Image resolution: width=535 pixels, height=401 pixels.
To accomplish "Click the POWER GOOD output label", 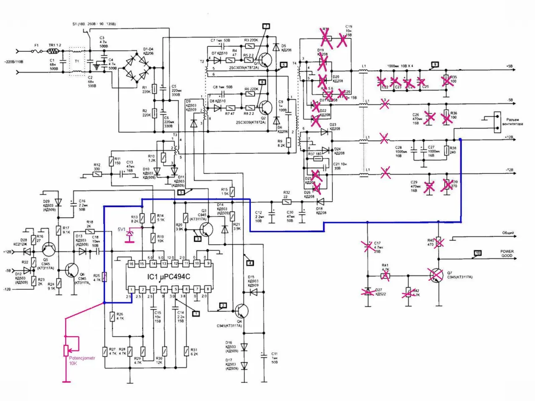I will coord(507,254).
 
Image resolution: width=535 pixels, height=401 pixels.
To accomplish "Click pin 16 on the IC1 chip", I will coord(131,264).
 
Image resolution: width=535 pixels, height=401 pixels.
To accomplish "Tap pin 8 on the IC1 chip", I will coord(208,289).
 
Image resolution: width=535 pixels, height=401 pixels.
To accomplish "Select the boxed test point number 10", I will coord(477,253).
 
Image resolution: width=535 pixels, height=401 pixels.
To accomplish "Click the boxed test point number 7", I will coord(266,26).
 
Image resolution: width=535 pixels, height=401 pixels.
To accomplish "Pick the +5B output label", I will coord(509,66).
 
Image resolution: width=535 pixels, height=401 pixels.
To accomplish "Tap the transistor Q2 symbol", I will coord(264,108).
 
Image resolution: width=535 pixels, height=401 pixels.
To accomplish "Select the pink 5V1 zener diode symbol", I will coord(129,235).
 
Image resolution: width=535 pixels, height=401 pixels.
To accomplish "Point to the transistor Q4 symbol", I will coord(241,311).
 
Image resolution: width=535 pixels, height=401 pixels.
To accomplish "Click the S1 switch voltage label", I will coord(94,24).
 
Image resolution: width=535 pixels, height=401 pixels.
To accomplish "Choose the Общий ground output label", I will coord(508,233).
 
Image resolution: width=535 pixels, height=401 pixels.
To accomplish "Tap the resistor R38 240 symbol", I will coord(446,150).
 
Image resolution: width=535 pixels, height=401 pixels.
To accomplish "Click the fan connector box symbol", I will coord(497,122).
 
